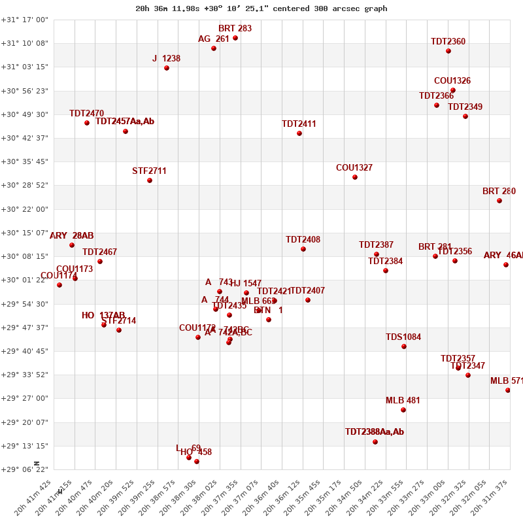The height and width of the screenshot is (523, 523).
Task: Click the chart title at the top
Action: [x=261, y=8]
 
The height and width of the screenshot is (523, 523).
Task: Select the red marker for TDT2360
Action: [x=448, y=51]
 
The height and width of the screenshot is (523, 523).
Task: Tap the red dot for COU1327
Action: [x=355, y=177]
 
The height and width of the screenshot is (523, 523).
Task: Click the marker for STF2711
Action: [x=150, y=180]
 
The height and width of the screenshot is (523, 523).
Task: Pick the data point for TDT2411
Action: [x=299, y=133]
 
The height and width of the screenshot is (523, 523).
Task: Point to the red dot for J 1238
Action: [x=167, y=68]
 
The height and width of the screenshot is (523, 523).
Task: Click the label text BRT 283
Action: [x=235, y=29]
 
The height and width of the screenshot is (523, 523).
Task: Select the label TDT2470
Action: [x=86, y=114]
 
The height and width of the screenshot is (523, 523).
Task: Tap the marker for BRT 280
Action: [x=499, y=201]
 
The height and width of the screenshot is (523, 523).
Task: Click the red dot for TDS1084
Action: [x=404, y=346]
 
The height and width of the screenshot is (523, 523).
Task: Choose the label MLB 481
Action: [x=403, y=401]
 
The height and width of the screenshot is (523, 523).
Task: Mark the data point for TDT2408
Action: [x=303, y=249]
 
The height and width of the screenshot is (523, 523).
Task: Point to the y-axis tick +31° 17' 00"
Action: [x=24, y=20]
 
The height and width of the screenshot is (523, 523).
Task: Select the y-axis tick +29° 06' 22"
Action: [x=24, y=469]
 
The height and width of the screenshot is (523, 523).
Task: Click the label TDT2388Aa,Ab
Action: [x=374, y=432]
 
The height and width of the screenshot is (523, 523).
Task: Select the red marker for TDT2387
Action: [x=377, y=254]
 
